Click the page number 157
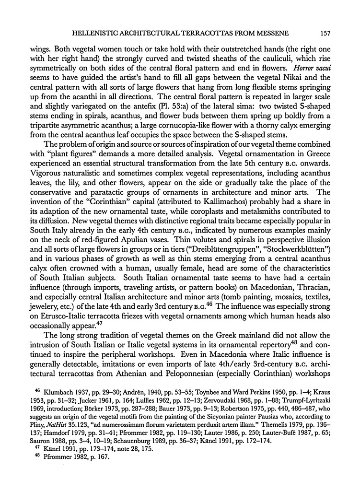[x=321, y=32]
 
